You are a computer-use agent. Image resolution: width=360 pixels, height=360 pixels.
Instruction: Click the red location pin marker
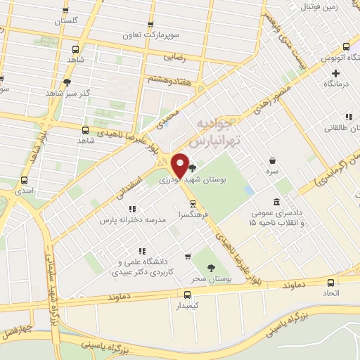180,165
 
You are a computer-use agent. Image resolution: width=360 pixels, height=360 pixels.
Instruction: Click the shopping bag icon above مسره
272,160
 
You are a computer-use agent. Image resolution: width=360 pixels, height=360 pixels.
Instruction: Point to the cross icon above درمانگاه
336,72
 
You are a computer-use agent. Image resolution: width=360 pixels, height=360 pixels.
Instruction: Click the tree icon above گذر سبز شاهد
67,82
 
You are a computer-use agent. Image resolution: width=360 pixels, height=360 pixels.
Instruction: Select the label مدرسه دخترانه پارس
134,220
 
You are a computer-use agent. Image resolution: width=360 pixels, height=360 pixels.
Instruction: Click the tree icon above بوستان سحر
211,266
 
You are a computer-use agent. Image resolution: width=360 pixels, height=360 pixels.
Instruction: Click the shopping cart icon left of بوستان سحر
187,257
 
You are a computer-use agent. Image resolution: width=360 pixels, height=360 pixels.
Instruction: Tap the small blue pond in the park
250,190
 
